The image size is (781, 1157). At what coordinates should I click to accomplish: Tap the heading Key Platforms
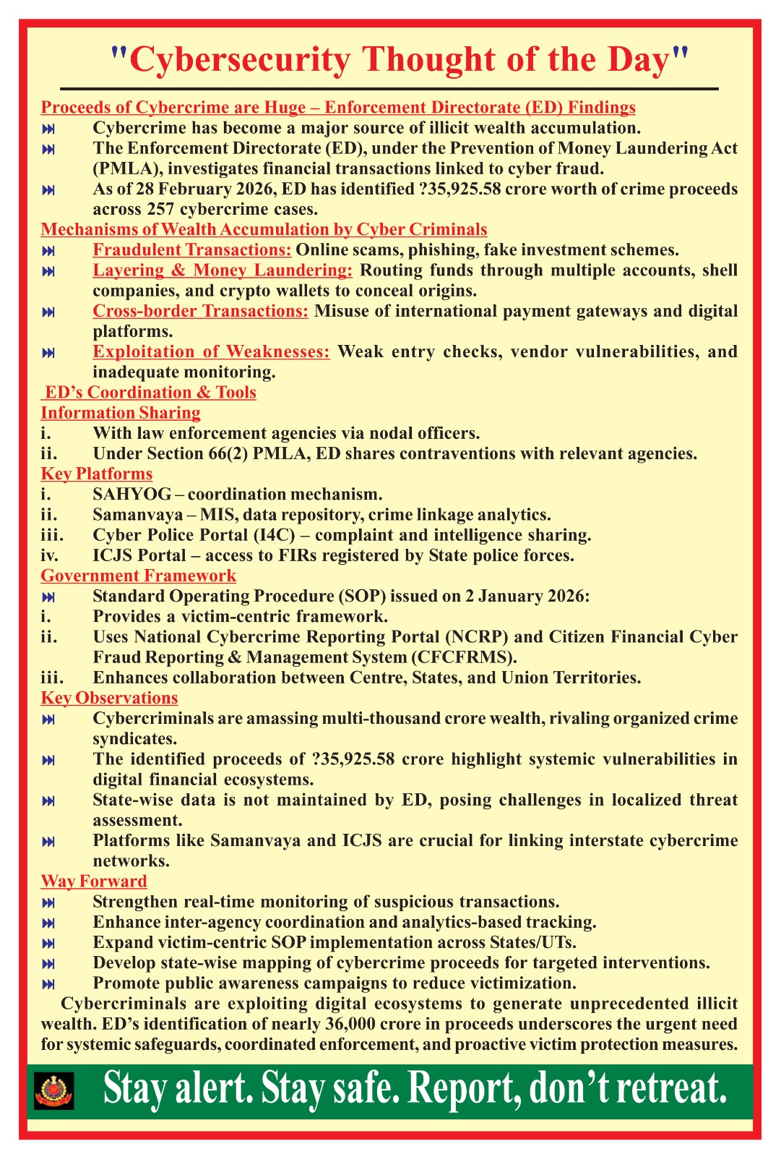point(97,474)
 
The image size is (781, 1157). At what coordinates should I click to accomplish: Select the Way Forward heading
point(94,881)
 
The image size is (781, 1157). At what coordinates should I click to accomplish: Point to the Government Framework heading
point(138,576)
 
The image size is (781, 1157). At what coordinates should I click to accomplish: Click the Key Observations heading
point(109,698)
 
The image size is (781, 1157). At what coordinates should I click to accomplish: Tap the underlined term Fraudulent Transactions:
point(192,250)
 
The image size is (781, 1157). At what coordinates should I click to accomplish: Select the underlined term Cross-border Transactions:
point(201,311)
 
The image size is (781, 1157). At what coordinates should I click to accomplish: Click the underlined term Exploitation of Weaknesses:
point(211,351)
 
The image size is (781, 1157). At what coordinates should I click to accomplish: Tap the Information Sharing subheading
point(121,413)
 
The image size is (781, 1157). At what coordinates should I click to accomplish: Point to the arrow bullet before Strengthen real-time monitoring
point(48,902)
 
